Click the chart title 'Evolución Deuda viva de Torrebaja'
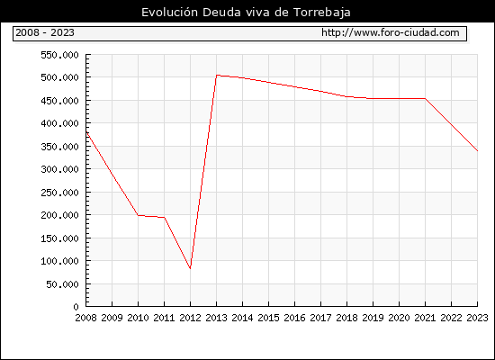point(246,13)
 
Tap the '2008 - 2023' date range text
point(45,32)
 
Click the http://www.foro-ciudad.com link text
point(391,32)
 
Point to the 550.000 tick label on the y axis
point(59,55)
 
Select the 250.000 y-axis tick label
point(59,193)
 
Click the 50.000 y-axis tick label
point(62,284)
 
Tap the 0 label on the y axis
point(76,307)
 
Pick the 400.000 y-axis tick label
point(59,123)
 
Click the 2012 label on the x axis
point(190,318)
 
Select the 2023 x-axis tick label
point(477,318)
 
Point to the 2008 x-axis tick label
point(85,318)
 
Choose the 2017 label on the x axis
point(320,318)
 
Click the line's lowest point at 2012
point(190,268)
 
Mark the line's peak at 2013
point(217,76)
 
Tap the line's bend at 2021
point(425,98)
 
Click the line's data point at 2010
point(138,215)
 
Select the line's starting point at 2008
point(86,131)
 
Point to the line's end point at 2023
point(477,151)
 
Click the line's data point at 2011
point(164,217)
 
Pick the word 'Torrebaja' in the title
point(322,13)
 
